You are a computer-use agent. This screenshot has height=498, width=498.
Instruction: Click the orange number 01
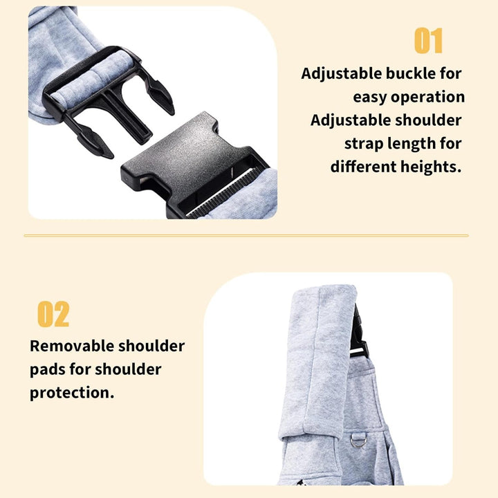click(x=428, y=40)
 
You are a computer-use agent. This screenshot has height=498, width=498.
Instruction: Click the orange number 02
click(x=53, y=314)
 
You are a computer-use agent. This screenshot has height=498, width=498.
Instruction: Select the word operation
click(x=428, y=98)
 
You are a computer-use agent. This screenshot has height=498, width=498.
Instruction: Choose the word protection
click(x=72, y=393)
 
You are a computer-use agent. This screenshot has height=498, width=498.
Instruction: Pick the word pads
click(x=47, y=369)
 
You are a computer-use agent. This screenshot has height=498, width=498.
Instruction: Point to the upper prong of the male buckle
click(x=160, y=95)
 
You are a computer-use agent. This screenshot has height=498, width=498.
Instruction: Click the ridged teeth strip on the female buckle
click(x=222, y=193)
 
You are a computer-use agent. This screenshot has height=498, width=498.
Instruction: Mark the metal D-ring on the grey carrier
click(x=358, y=441)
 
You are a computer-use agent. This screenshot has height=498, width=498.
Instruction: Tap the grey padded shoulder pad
click(x=317, y=362)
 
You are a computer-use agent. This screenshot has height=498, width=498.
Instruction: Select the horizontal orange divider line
click(x=246, y=236)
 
